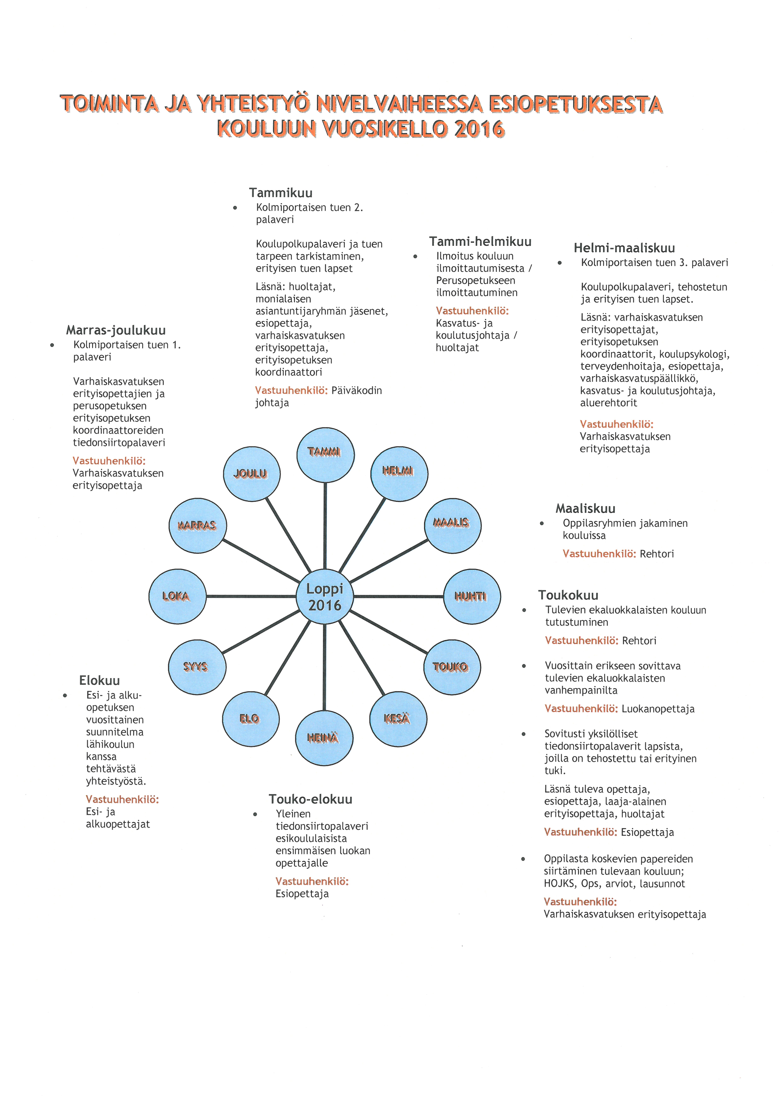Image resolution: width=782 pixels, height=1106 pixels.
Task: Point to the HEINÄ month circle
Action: point(324,738)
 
